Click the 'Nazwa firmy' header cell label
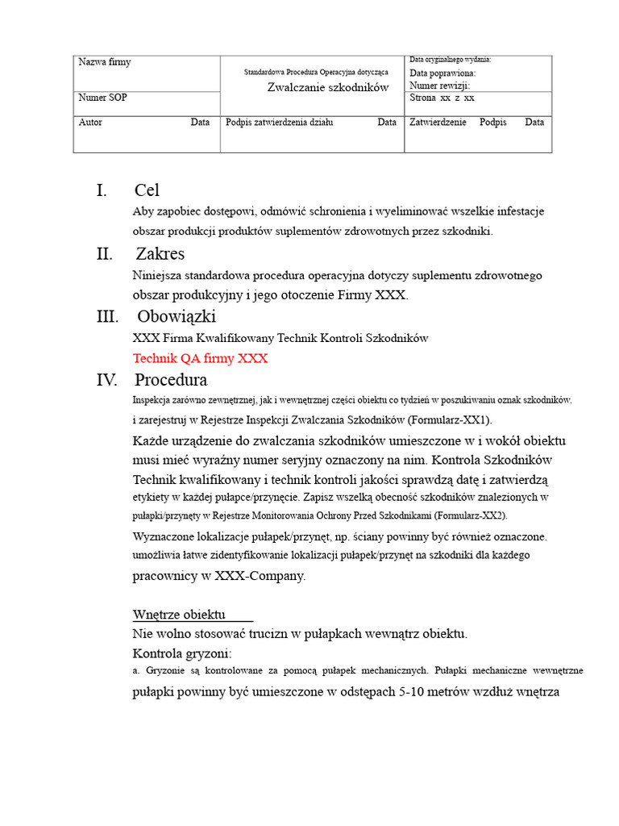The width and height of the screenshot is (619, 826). pos(105,62)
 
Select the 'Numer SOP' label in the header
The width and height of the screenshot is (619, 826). pos(102,98)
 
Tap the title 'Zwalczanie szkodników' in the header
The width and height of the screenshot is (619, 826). pos(328,87)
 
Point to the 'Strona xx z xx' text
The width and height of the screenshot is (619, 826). pos(442,98)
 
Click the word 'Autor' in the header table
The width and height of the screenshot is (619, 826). pos(90,123)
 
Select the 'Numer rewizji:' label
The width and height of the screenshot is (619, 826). pos(439,85)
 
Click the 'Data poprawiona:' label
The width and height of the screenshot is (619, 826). pos(442,73)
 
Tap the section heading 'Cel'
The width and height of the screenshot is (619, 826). pos(147,190)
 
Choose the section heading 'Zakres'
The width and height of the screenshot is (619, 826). pos(160,254)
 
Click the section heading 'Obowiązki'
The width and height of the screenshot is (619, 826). pos(177,316)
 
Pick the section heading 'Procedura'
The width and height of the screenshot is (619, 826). pos(171,379)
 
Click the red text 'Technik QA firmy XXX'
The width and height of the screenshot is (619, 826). pos(200,358)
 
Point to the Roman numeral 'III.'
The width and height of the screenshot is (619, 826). pos(108,316)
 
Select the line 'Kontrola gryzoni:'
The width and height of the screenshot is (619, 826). pos(182,653)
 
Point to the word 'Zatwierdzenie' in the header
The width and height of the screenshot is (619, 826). pos(438,123)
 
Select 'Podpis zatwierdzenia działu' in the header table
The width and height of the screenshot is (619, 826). pos(280,123)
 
